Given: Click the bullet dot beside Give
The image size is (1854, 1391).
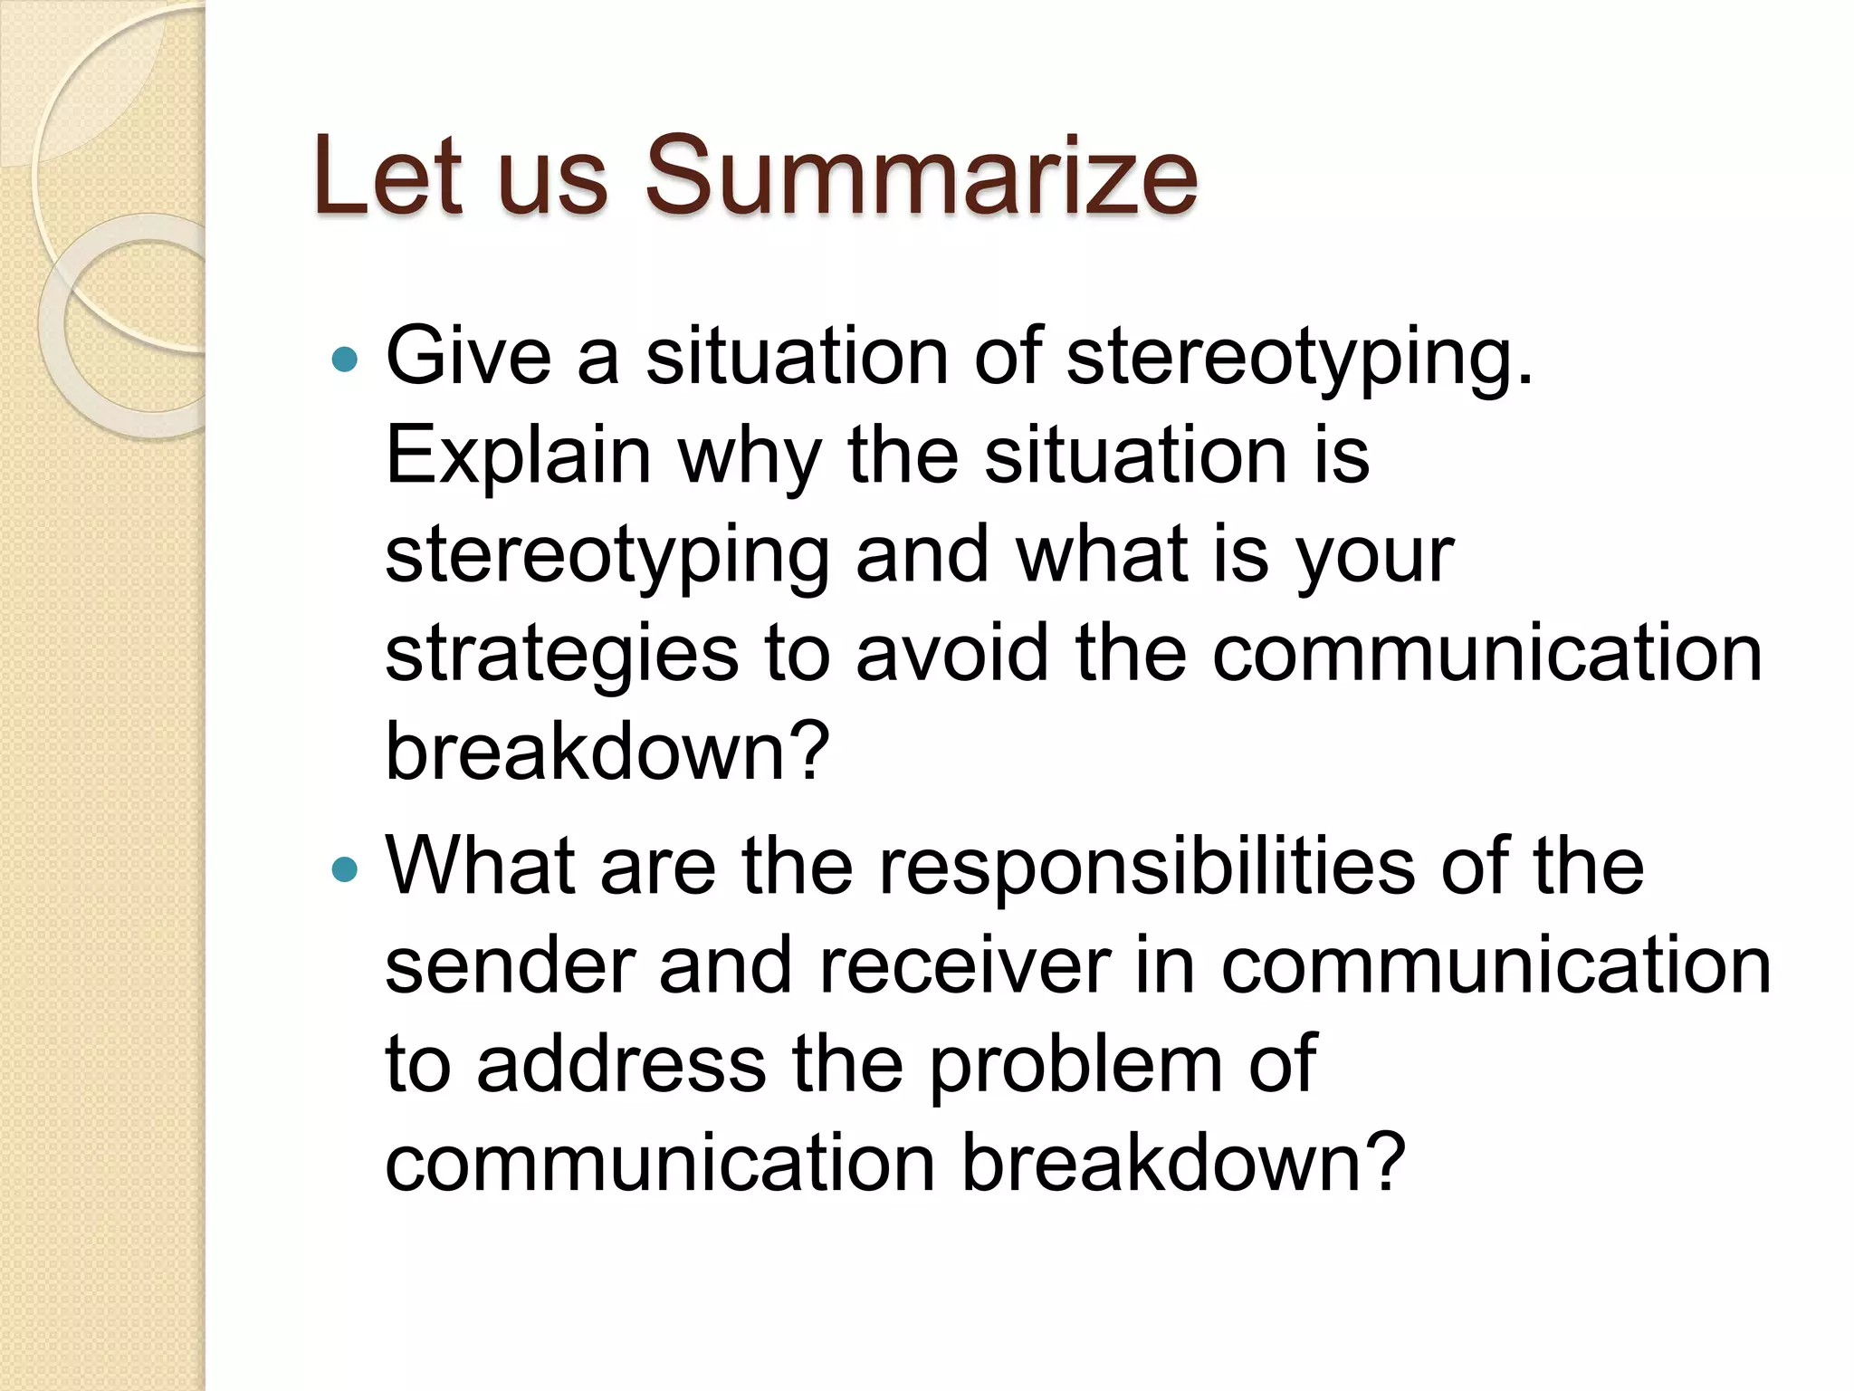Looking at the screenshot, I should tap(345, 360).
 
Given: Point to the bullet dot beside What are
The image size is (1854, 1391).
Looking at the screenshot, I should tap(345, 870).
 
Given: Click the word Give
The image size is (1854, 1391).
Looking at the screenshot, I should tap(468, 355).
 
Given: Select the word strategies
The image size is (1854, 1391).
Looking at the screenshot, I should tap(561, 654).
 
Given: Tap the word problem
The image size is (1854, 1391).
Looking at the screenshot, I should tap(1075, 1065).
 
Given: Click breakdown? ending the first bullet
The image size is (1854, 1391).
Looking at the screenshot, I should tap(607, 752).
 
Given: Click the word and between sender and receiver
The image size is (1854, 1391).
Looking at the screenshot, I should tap(725, 965).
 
